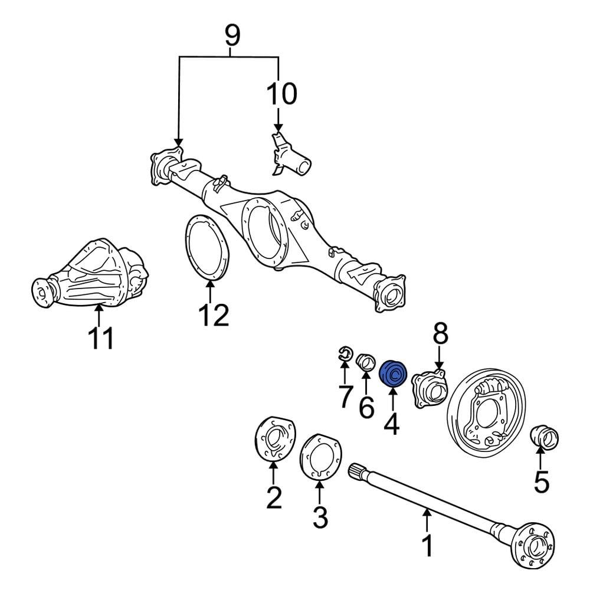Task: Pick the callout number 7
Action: click(x=345, y=396)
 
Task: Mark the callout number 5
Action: click(x=541, y=480)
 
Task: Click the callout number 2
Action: click(x=273, y=497)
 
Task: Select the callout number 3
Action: click(x=319, y=517)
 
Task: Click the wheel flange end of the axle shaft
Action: click(x=534, y=546)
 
